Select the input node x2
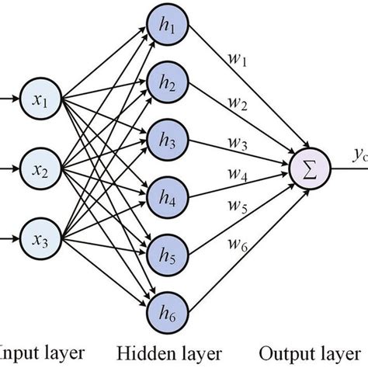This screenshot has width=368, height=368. (x=43, y=166)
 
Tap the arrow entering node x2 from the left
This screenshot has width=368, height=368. (x=11, y=166)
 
